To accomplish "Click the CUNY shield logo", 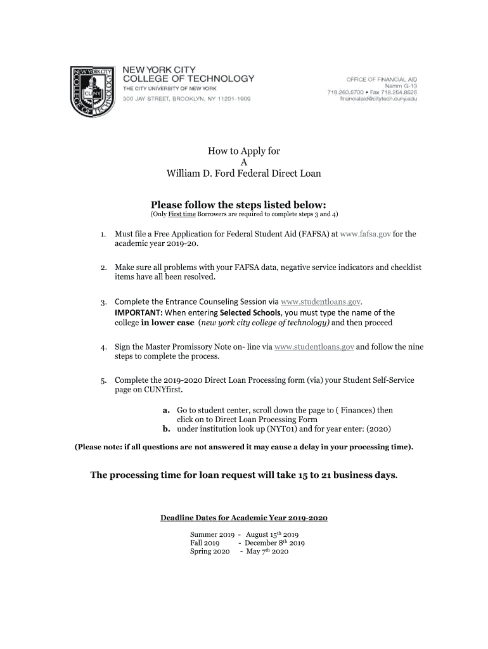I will tap(93, 90).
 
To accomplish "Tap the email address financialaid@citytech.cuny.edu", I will tap(378, 99).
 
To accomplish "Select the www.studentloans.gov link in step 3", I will tap(321, 300).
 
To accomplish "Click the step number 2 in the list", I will tap(103, 268).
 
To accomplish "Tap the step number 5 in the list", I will tap(103, 380).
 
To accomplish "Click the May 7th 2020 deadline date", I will tap(267, 552).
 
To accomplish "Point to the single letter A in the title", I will tap(243, 162).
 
